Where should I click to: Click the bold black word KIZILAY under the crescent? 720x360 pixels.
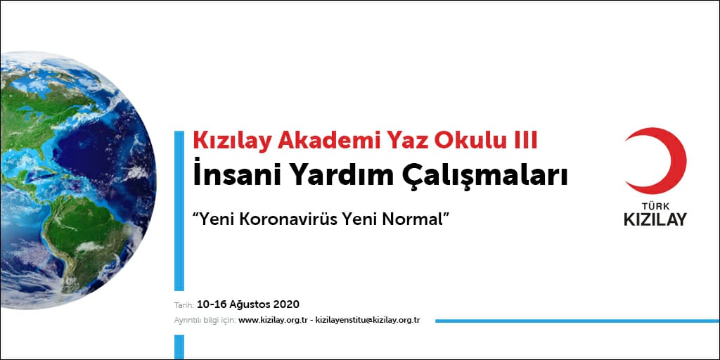[655, 219]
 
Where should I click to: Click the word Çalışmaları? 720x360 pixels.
[472, 177]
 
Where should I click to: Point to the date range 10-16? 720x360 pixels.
[211, 304]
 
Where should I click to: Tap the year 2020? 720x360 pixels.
[287, 304]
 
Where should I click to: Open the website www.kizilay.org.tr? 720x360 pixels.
[273, 321]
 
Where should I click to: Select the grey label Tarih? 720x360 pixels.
[185, 305]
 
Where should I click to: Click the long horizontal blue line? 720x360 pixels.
[577, 321]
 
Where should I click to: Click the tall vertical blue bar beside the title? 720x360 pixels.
[179, 211]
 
